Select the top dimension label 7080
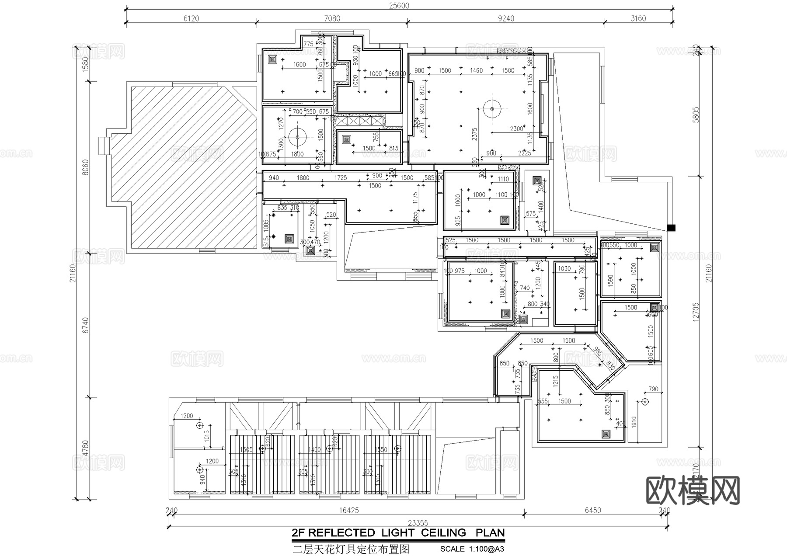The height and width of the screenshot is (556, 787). tap(332, 18)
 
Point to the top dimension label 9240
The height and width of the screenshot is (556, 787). tap(506, 18)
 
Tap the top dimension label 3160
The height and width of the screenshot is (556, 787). tap(638, 18)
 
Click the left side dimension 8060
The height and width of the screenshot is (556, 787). tap(85, 167)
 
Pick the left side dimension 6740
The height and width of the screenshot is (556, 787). tap(85, 325)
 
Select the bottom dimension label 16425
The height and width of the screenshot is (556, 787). tap(348, 511)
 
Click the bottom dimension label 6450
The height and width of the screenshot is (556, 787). tap(593, 511)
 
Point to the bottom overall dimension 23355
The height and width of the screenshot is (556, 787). tap(418, 523)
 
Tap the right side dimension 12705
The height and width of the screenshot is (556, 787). tap(696, 313)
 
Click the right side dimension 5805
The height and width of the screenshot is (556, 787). tap(696, 115)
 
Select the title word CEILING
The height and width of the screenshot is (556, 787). tap(444, 533)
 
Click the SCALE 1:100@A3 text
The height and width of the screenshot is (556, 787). tap(472, 549)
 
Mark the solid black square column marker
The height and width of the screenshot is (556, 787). tap(671, 228)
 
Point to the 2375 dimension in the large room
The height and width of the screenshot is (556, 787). tap(475, 134)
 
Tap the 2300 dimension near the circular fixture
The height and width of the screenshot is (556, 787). tap(516, 129)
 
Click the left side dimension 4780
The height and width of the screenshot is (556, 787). tap(85, 448)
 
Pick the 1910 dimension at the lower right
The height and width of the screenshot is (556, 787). tap(634, 422)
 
